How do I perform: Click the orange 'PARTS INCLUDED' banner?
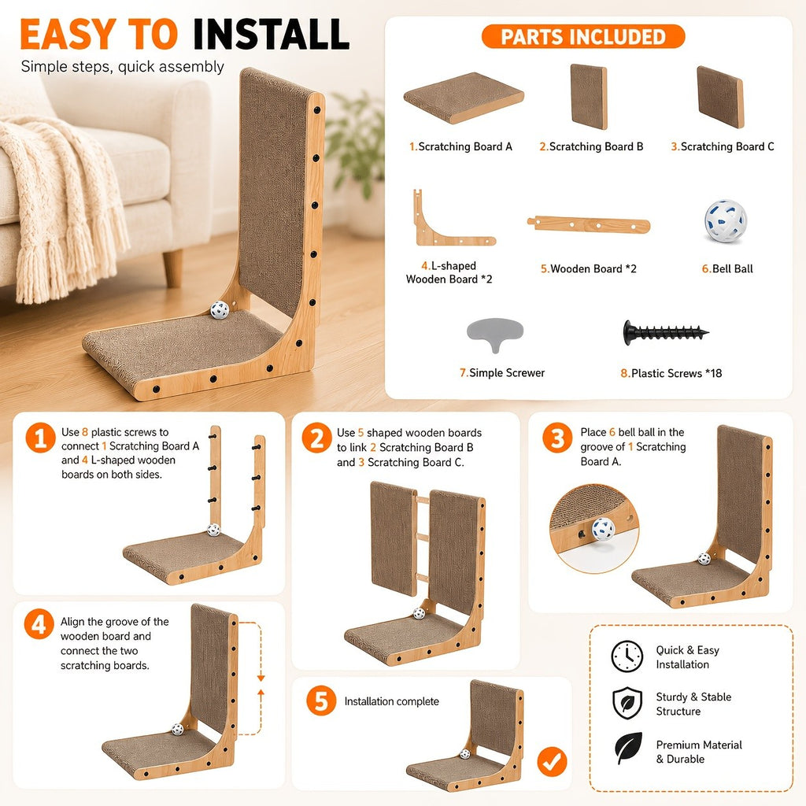pos(583,36)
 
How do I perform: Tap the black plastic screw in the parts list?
pos(666,333)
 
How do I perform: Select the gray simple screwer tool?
pos(494,334)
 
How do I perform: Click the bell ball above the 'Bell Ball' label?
pos(725,221)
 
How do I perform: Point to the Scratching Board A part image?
pos(463,97)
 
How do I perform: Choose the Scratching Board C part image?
pos(720,97)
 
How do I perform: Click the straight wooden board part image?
pos(589,224)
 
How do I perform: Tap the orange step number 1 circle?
pos(41,438)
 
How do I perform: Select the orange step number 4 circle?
pos(39,624)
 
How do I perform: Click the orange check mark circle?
pos(552,762)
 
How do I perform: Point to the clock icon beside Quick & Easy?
pos(627,656)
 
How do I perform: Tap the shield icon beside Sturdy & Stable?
pos(627,703)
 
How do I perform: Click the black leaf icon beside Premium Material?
pos(628,749)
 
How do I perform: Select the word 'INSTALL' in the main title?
pos(271,35)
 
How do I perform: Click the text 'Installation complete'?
pos(392,701)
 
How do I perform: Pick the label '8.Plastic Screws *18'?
pos(671,373)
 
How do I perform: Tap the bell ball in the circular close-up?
pos(602,529)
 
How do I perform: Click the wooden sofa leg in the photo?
pos(172,268)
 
